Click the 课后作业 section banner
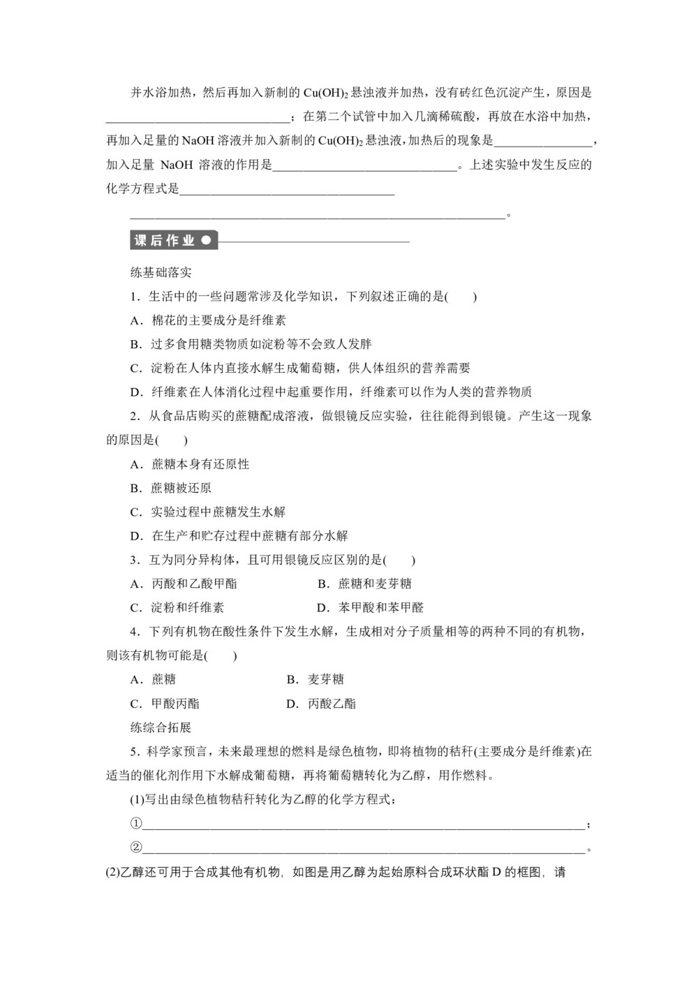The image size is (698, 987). tap(174, 241)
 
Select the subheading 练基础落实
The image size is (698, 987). tap(161, 272)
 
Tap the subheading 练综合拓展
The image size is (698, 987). tap(161, 727)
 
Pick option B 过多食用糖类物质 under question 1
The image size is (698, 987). tap(251, 344)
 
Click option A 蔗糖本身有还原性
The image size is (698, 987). tap(190, 464)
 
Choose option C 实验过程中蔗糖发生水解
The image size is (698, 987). tap(208, 512)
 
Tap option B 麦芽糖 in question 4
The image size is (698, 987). tap(315, 679)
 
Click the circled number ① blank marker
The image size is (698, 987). tap(136, 824)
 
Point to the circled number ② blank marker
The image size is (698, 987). tap(136, 847)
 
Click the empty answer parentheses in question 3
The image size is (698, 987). tap(400, 560)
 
